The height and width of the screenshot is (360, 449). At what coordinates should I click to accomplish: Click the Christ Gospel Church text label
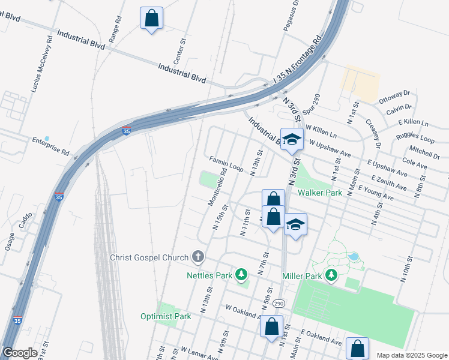(x=149, y=258)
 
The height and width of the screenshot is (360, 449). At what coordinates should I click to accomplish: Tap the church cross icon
(x=198, y=258)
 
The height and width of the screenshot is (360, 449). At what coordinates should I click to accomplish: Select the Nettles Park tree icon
(x=241, y=275)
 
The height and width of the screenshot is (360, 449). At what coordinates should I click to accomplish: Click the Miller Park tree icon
(x=331, y=275)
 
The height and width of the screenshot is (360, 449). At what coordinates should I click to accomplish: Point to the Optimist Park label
(x=166, y=316)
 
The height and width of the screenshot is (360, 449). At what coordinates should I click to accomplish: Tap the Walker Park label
(x=320, y=193)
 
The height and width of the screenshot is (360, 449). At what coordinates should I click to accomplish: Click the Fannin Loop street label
(x=226, y=164)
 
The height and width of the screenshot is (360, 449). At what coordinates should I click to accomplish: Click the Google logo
(x=20, y=353)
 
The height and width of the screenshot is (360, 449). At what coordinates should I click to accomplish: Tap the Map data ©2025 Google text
(x=411, y=355)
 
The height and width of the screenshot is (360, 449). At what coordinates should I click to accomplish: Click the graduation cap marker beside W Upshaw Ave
(x=292, y=140)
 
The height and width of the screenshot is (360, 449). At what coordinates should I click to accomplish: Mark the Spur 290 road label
(x=313, y=106)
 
